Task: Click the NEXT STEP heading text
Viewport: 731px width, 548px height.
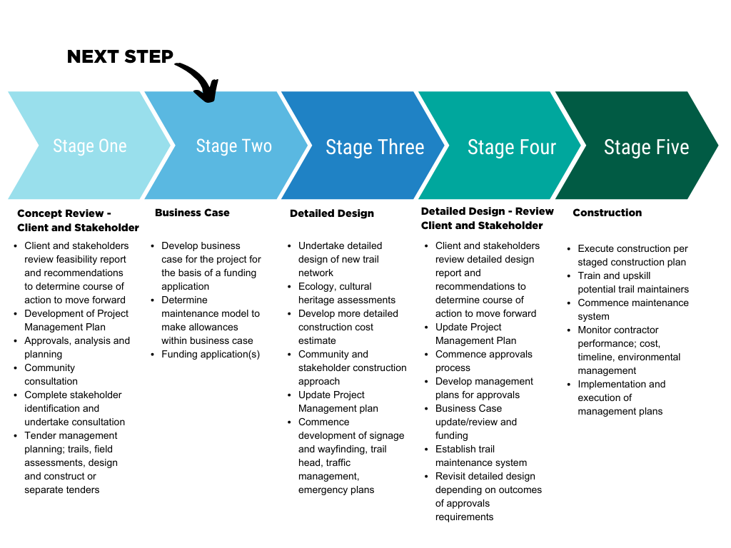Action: (x=120, y=57)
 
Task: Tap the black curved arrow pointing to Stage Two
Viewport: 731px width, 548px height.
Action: (x=201, y=80)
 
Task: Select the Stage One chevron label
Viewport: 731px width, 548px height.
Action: (x=89, y=146)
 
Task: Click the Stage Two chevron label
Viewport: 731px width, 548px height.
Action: (x=233, y=146)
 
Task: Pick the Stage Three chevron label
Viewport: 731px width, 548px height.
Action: (x=375, y=147)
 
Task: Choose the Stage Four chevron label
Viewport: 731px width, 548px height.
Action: (x=512, y=147)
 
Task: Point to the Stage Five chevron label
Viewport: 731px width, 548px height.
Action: (x=646, y=147)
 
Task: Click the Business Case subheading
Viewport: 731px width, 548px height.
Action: (x=192, y=213)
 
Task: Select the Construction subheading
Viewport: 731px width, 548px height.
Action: (x=607, y=213)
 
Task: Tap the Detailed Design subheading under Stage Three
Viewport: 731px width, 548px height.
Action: (x=331, y=213)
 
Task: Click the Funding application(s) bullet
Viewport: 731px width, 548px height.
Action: (x=211, y=354)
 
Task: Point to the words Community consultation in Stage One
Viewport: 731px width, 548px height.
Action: (x=51, y=374)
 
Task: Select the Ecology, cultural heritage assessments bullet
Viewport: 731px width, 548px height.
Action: (x=346, y=293)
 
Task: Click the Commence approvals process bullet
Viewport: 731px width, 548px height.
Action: (x=483, y=360)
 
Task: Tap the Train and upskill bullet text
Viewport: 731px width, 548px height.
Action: (x=633, y=283)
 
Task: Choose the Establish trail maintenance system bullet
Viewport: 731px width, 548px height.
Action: (x=480, y=456)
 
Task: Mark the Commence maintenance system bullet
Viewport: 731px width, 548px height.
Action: (x=633, y=310)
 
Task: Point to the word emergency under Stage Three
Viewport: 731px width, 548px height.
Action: (x=321, y=490)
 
